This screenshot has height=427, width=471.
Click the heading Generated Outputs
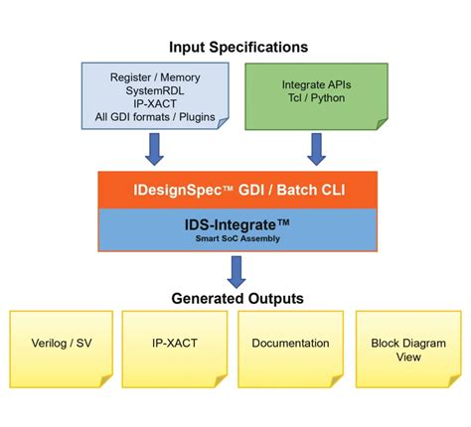click(236, 297)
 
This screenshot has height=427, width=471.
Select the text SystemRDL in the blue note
click(155, 90)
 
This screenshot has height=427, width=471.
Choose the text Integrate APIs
click(316, 86)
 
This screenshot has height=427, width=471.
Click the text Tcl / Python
click(316, 101)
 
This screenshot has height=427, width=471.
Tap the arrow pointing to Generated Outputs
click(236, 270)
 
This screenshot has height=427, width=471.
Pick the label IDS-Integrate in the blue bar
click(236, 226)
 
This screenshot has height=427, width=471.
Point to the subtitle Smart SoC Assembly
click(236, 240)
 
